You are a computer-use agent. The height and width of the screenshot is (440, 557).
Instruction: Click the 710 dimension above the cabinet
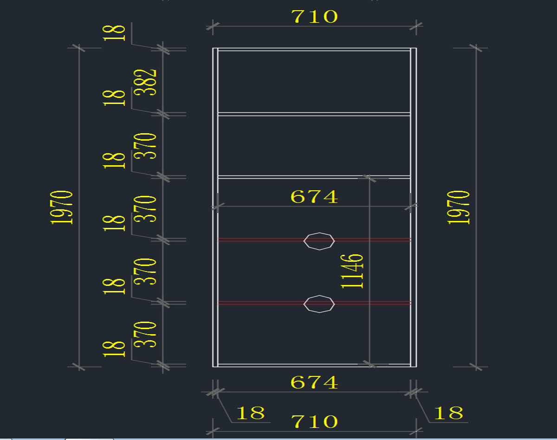coord(314,17)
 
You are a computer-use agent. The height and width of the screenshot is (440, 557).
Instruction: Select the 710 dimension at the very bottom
coord(314,422)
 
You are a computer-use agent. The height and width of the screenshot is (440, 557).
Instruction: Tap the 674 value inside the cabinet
coord(314,197)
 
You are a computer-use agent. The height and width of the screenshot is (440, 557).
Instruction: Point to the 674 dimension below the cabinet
coord(314,382)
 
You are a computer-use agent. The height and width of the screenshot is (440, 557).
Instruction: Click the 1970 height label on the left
coord(62,207)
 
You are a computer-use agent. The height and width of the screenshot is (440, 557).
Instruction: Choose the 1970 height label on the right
coord(459,207)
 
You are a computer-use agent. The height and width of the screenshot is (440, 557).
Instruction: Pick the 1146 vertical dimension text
coord(352,271)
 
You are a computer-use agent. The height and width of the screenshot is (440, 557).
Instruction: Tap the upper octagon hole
coord(319,241)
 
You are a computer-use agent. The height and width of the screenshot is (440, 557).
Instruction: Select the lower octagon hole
coord(319,304)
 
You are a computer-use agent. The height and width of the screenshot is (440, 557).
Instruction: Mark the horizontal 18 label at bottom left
coord(250,413)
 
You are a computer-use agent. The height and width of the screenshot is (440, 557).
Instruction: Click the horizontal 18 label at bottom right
coord(448,413)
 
